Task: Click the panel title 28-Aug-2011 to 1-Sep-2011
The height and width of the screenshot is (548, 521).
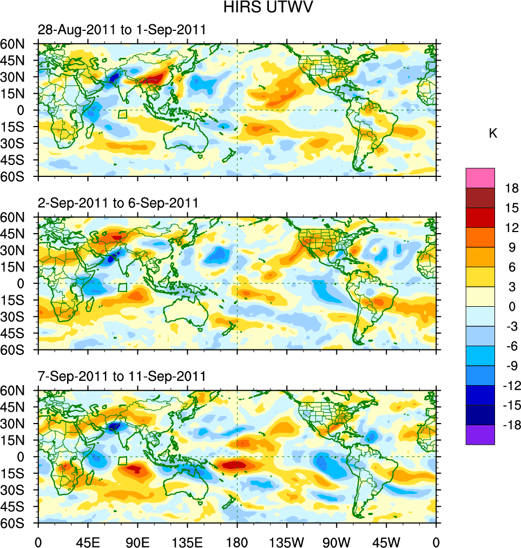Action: [122, 30]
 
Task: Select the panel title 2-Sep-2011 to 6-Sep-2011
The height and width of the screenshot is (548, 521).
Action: [118, 203]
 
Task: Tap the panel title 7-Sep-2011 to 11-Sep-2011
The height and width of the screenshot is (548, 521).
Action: [122, 376]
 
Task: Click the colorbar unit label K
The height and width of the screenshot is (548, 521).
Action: [493, 134]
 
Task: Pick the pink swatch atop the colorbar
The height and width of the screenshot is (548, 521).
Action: [480, 177]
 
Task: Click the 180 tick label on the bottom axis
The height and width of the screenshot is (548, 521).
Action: [237, 542]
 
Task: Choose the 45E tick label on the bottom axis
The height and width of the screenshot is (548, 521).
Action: [88, 542]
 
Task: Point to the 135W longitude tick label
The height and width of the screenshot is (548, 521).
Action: [287, 542]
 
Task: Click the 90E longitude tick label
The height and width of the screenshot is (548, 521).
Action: [137, 542]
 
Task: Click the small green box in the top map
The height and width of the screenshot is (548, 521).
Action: [122, 114]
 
